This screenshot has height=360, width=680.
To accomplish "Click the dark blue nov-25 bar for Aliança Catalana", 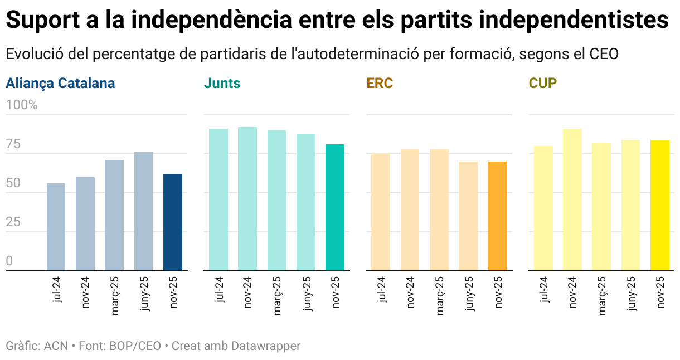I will point(172,222).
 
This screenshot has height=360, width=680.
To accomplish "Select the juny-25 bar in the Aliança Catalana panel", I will point(143,212).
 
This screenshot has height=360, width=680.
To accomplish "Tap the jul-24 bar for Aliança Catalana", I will point(56,227).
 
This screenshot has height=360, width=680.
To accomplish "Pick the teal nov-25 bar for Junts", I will point(335,207).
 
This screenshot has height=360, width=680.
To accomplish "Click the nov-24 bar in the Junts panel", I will point(247,199).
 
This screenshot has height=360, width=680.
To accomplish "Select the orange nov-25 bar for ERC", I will point(497,216).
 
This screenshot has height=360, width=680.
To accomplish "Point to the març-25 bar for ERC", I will point(439,210).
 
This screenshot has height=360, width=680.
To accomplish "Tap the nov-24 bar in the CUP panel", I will point(572,200).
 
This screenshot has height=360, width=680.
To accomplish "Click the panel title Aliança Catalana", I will point(60,84).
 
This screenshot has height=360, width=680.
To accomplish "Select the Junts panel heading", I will point(222,84).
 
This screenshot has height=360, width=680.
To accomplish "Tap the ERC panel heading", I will point(380,84).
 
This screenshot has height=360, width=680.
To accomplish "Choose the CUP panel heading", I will point(542,84).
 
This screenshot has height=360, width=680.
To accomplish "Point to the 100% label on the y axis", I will point(22,105).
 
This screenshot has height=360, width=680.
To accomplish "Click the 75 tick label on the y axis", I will point(13,144).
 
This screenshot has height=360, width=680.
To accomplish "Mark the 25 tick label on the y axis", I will point(13,222).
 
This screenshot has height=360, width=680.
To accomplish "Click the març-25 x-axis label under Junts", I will point(277,296).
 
